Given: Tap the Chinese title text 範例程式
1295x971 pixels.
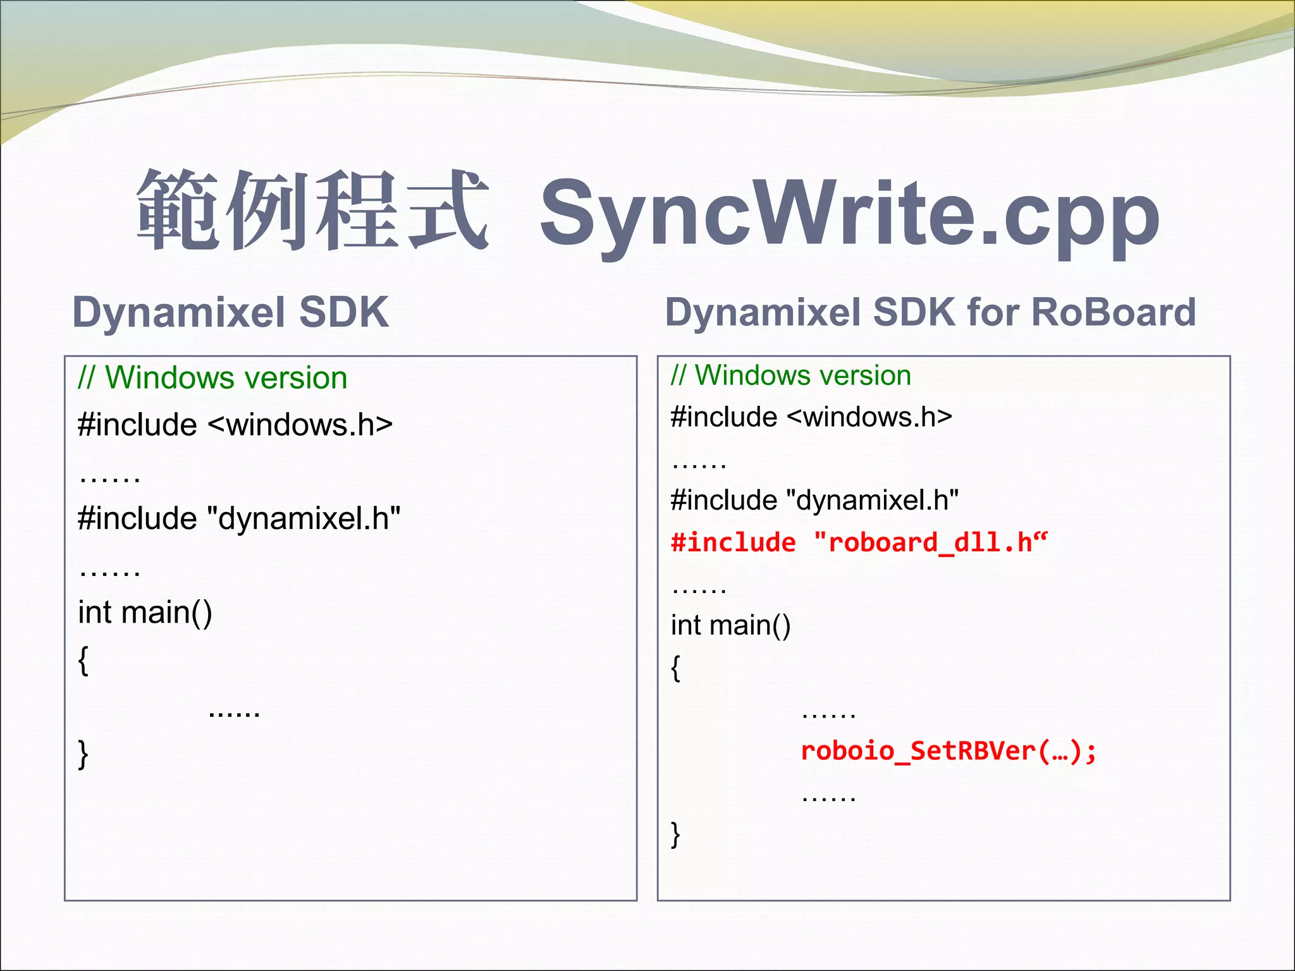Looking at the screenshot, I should click(x=312, y=211).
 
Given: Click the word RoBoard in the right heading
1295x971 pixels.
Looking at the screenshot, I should click(x=1113, y=312).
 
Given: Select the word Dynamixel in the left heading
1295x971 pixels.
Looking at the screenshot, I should click(x=179, y=312).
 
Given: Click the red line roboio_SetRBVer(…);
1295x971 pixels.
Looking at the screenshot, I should click(x=948, y=751).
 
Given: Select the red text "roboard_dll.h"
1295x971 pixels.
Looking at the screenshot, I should click(x=930, y=542).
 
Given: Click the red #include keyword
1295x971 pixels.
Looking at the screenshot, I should click(x=733, y=542).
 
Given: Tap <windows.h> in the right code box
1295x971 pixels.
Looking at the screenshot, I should click(x=870, y=417).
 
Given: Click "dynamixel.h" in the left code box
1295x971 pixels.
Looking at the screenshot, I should click(x=304, y=518).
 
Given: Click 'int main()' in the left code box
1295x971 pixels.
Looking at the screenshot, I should click(x=145, y=612).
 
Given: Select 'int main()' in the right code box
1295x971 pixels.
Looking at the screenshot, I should click(x=730, y=625).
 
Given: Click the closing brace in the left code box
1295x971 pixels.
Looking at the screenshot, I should click(x=83, y=754).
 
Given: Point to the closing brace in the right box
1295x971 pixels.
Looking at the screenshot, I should click(x=675, y=834).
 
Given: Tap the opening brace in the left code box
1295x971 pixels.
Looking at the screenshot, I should click(x=83, y=661).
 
